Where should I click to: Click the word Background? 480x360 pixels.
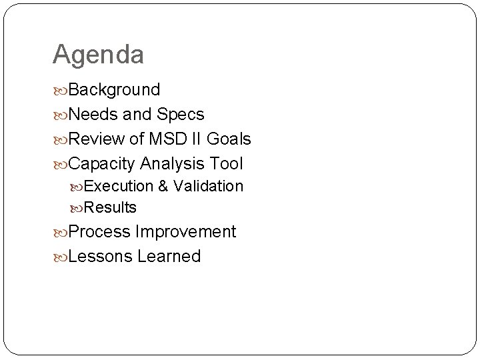point(114,90)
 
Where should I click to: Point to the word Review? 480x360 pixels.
point(96,139)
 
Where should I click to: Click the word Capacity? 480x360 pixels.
point(102,164)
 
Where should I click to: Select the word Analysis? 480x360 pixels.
point(173,164)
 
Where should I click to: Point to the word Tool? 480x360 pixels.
point(227,164)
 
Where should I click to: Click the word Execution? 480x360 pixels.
point(119,187)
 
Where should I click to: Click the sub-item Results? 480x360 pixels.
point(111,208)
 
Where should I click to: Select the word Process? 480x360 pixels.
point(99,232)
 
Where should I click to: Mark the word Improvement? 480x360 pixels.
point(185,232)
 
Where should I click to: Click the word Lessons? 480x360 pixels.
point(101,257)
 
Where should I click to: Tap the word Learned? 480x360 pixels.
point(169,257)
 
